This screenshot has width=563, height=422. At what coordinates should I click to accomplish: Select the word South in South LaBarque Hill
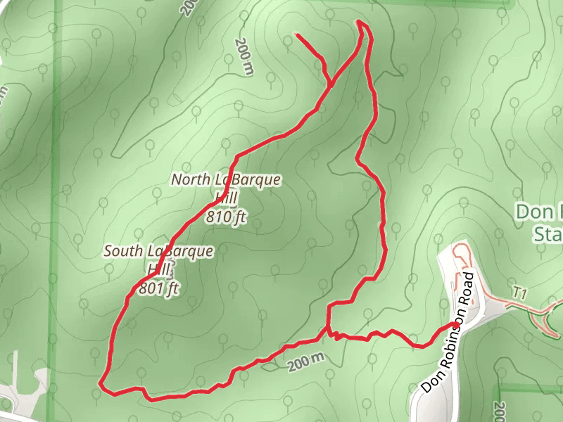(124, 250)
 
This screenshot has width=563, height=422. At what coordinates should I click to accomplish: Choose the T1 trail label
(520, 291)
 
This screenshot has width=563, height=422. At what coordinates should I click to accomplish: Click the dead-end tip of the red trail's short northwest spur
(297, 34)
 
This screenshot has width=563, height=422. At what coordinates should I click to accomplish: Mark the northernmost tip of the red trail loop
(361, 22)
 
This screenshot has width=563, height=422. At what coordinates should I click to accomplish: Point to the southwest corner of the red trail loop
(102, 385)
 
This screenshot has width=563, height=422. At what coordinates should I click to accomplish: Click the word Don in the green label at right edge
(531, 211)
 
